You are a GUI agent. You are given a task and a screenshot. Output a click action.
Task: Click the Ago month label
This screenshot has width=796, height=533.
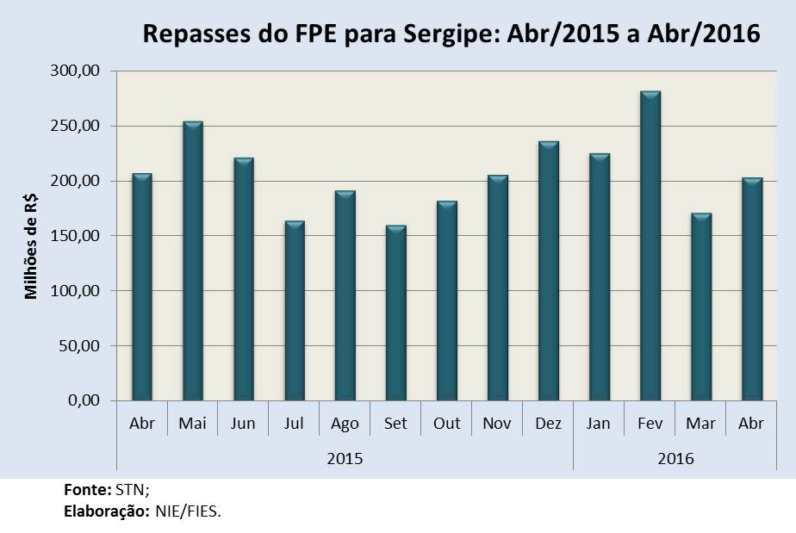click(x=345, y=425)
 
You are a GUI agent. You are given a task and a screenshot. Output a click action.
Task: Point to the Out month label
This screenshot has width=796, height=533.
click(x=446, y=425)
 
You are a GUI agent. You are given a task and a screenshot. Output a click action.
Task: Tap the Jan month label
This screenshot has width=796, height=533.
click(x=599, y=425)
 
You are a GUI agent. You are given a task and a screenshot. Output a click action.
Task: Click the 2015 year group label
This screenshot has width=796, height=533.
click(x=345, y=458)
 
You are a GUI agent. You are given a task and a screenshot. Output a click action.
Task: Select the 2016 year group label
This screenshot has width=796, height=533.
click(x=675, y=458)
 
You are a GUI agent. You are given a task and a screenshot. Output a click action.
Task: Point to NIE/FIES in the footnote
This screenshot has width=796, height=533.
click(x=188, y=511)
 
